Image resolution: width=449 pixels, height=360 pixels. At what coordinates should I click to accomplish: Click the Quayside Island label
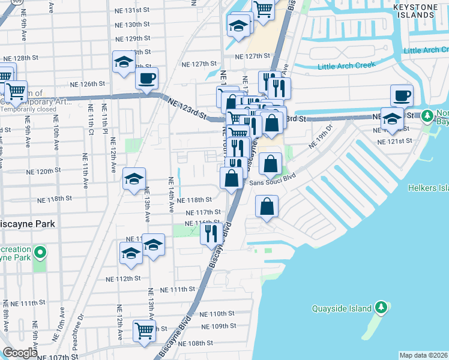(344, 309)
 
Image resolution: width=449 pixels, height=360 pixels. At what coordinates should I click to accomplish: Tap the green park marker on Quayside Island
(381, 308)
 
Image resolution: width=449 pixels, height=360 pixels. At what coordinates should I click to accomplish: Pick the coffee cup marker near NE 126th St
(146, 78)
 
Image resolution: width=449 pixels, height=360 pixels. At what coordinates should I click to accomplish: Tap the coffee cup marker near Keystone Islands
(402, 95)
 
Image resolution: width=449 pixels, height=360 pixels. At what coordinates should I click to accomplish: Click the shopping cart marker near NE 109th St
(144, 331)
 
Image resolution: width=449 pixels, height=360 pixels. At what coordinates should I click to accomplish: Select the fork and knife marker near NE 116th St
(211, 232)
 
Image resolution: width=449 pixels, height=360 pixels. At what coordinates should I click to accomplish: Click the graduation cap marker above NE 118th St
(134, 178)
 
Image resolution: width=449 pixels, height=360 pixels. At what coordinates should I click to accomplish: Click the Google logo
(20, 353)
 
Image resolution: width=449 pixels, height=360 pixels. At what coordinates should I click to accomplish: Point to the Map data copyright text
(424, 355)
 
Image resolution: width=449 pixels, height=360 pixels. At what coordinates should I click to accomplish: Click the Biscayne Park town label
(28, 224)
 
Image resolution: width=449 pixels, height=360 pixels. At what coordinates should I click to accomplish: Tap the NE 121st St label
(394, 141)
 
